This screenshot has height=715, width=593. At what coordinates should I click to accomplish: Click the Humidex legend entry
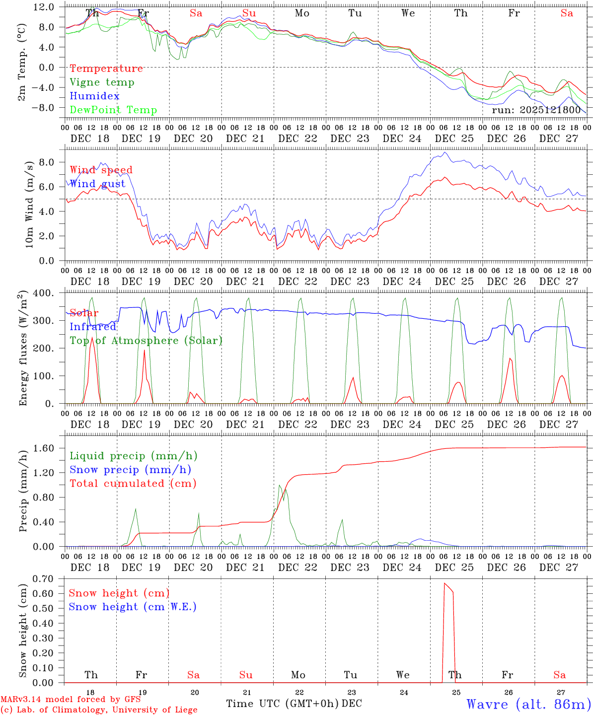(x=94, y=96)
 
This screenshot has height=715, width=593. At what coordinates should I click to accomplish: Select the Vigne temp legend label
(x=102, y=82)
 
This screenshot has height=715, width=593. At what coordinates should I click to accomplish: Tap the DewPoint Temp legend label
(x=113, y=110)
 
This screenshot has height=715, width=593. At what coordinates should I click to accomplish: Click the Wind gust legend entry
(x=97, y=184)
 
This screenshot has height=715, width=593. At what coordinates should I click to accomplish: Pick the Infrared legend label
(x=93, y=327)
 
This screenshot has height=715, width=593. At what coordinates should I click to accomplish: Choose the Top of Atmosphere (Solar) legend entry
(x=146, y=341)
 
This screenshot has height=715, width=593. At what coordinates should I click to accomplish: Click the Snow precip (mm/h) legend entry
(x=130, y=470)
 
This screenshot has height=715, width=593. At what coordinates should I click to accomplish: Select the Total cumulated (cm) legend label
(x=133, y=484)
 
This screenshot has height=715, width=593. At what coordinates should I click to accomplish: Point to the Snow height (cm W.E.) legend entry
(x=133, y=607)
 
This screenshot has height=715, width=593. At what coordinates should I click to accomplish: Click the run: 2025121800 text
(x=536, y=110)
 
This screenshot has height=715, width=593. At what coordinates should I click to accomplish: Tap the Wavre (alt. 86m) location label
(x=528, y=704)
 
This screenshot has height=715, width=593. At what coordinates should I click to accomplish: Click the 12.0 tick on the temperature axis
(x=44, y=7)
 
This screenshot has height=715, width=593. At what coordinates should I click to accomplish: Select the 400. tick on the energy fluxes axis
(x=43, y=293)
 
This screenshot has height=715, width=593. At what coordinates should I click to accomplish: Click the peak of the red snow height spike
(x=445, y=583)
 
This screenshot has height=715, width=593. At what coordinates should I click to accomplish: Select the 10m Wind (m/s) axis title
(x=29, y=204)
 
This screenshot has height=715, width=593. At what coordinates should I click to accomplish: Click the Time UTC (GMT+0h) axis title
(x=283, y=704)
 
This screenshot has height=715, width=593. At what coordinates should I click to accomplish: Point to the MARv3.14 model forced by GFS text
(x=71, y=700)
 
